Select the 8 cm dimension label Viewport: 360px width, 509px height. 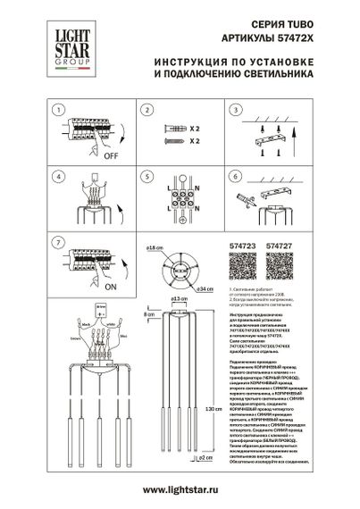click(x=145, y=314)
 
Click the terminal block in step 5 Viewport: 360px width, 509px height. click(x=183, y=191)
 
